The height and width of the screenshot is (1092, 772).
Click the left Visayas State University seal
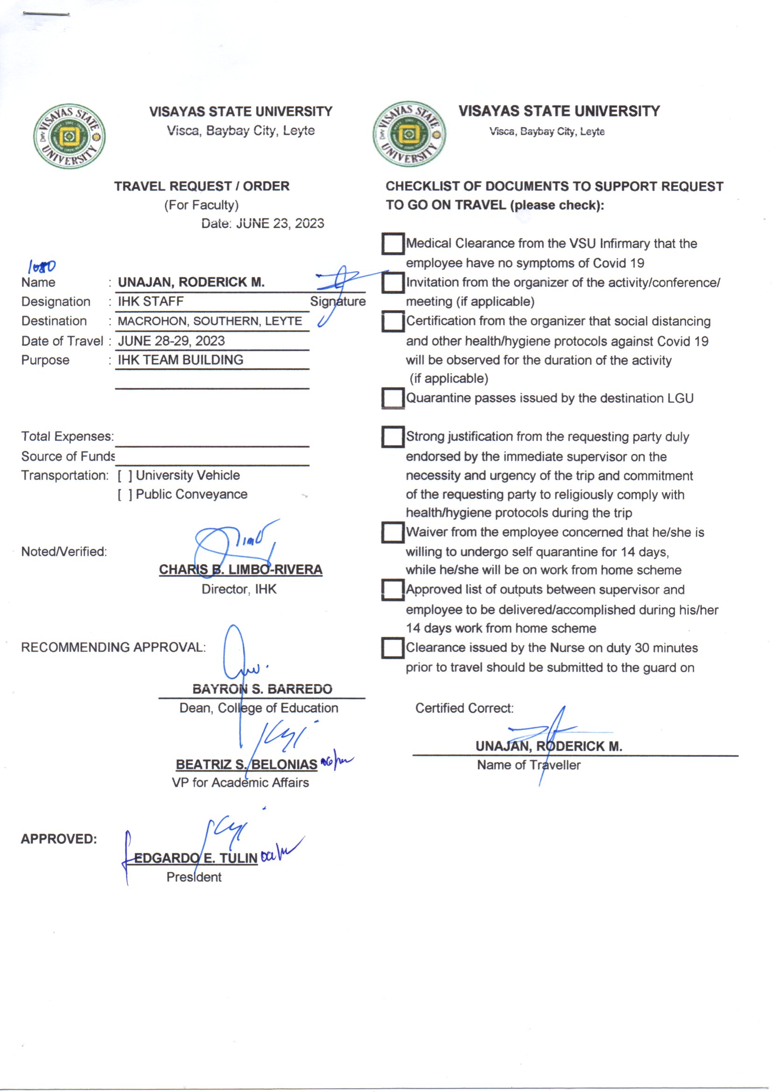click(x=70, y=136)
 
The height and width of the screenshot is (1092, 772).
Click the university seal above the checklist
click(x=409, y=135)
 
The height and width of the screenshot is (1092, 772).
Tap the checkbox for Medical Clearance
click(x=393, y=243)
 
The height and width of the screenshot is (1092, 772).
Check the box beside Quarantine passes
click(x=393, y=397)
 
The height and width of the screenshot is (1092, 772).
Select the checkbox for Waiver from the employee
click(x=393, y=532)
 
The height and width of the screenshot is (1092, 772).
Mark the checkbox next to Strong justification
click(x=393, y=436)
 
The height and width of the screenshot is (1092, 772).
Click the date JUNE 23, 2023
click(x=280, y=224)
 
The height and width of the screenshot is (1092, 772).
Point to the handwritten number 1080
click(x=42, y=267)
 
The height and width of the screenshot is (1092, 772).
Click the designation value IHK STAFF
click(x=151, y=302)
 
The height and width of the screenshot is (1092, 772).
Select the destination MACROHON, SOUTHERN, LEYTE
click(x=210, y=321)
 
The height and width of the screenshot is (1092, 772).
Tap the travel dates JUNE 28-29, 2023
click(x=171, y=341)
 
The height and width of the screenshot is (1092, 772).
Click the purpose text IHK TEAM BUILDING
click(x=180, y=360)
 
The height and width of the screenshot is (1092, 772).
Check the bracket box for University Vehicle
click(x=125, y=475)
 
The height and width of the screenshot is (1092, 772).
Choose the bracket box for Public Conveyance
click(x=125, y=495)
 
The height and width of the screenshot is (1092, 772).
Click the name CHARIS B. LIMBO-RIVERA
click(x=240, y=569)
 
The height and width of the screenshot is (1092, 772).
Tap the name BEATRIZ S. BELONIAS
click(x=246, y=764)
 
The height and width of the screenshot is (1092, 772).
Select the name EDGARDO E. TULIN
click(x=196, y=858)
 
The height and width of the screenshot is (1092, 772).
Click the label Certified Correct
click(x=464, y=708)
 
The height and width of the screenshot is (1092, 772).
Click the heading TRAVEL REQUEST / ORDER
click(x=202, y=186)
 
